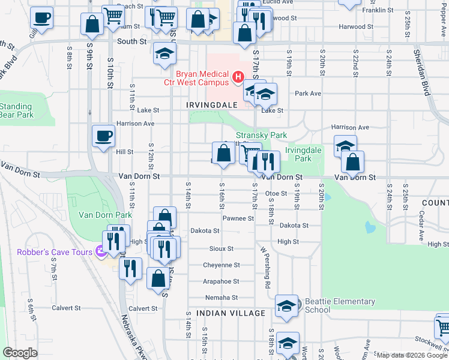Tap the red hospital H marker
[x=238, y=77]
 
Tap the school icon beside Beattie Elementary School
[x=287, y=305]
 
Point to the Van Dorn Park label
[x=104, y=215]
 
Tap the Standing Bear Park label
[x=16, y=110]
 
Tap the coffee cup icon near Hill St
[x=103, y=136]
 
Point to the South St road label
[x=132, y=42]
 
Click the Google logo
[x=20, y=353]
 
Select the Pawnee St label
[x=235, y=218]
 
